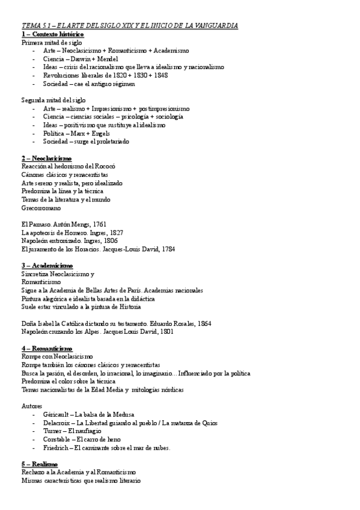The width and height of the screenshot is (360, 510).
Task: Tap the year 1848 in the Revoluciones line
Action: [160, 76]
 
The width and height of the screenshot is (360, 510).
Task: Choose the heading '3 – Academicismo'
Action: [47, 265]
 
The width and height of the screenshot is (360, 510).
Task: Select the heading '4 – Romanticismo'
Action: [46, 348]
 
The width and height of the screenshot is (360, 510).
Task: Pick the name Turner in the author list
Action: [52, 431]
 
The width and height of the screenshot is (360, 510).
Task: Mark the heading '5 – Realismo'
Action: [39, 464]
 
